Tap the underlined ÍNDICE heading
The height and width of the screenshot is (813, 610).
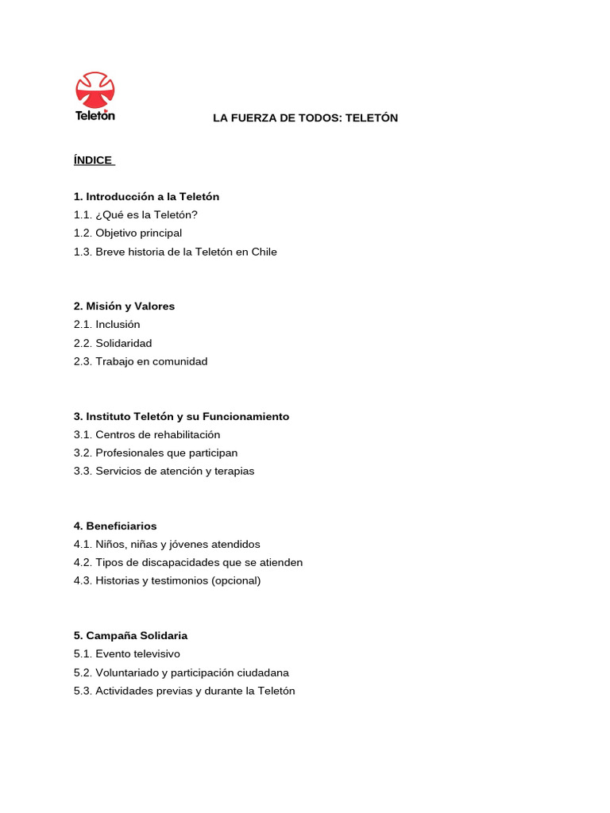click(93, 160)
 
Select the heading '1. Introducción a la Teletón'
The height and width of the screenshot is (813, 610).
click(146, 197)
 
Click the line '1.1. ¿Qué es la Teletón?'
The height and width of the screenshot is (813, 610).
click(136, 215)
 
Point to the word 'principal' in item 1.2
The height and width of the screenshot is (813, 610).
click(160, 233)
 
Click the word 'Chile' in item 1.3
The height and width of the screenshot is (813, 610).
click(264, 252)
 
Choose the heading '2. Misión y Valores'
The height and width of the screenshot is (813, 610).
click(124, 306)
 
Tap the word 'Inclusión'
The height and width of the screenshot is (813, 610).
click(118, 325)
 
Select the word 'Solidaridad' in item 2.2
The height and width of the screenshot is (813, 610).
click(123, 344)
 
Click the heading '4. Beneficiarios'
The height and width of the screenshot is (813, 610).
click(115, 526)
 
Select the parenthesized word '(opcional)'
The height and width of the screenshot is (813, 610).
click(235, 581)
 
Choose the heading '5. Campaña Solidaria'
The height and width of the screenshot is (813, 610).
click(130, 636)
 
